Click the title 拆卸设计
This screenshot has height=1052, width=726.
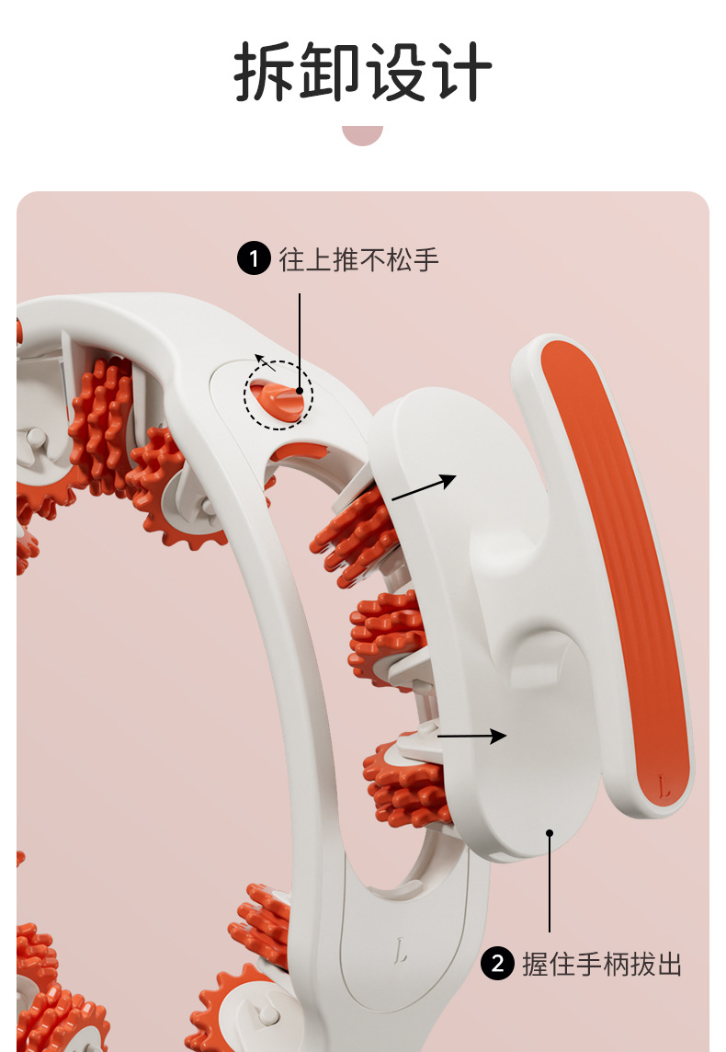pos(363,73)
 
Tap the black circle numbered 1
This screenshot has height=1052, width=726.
pos(254,259)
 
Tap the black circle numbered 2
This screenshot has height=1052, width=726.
pos(497,964)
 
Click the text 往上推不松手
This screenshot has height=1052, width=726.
pos(359,259)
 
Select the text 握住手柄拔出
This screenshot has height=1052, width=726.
pos(602,964)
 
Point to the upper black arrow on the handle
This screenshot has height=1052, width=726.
pos(424,488)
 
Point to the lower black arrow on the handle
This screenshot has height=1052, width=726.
pos(471,736)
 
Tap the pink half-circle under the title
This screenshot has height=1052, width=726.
pos(362,135)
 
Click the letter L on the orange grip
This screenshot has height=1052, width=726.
pos(664,786)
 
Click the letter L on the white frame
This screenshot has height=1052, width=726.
pos(402,950)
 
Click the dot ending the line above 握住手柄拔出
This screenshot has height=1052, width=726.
pos(550,833)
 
